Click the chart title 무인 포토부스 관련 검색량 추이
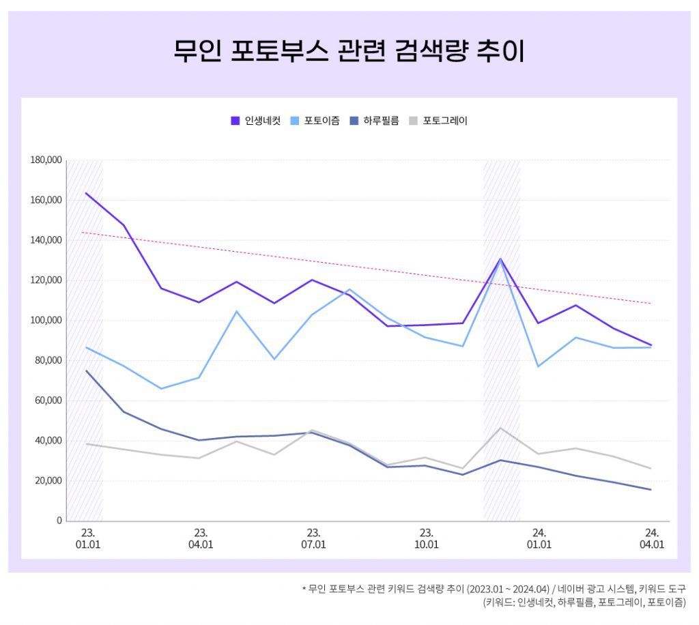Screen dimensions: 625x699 click(x=349, y=51)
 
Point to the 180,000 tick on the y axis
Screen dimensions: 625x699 click(x=46, y=160)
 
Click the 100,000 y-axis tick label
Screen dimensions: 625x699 click(x=46, y=320)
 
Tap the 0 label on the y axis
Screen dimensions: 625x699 click(x=59, y=521)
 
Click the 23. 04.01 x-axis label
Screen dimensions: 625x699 click(x=201, y=538)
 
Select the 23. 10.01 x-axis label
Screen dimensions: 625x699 click(x=426, y=538)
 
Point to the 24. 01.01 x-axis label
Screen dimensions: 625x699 click(x=539, y=538)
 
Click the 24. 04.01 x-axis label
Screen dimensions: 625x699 click(x=651, y=538)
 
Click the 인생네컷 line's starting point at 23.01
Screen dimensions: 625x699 click(x=86, y=193)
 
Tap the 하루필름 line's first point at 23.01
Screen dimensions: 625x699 click(x=86, y=370)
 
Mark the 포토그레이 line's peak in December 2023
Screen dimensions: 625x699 click(x=500, y=428)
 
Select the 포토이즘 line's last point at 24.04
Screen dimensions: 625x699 click(x=651, y=347)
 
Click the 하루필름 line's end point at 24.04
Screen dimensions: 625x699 click(x=651, y=489)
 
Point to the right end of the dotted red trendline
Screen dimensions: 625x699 click(x=651, y=303)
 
